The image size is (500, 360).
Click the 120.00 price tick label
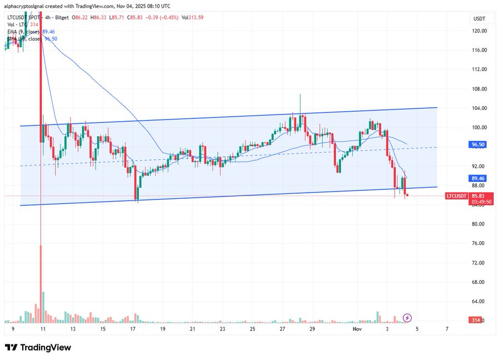tap(480, 31)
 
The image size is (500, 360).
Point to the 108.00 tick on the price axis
tap(480, 89)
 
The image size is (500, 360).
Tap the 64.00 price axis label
tap(480, 302)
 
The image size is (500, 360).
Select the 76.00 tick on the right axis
tap(480, 243)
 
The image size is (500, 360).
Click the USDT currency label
tap(479, 18)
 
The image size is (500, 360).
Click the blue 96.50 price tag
tap(479, 144)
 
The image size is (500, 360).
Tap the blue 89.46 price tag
tap(479, 178)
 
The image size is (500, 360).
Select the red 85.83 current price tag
tap(479, 196)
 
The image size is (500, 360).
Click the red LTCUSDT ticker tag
tap(458, 196)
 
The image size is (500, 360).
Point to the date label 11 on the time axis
tap(43, 329)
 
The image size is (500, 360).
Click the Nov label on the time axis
tap(357, 329)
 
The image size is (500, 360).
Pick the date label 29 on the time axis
tap(312, 329)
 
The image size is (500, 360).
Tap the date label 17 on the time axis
tap(133, 329)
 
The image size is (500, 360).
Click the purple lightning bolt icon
tap(407, 318)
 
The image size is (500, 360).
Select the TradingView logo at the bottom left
tap(38, 347)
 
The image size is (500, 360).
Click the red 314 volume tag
tap(476, 321)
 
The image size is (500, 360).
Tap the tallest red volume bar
tap(41, 283)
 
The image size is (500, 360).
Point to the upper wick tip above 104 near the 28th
tap(300, 95)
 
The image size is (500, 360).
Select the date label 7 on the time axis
tap(447, 329)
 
